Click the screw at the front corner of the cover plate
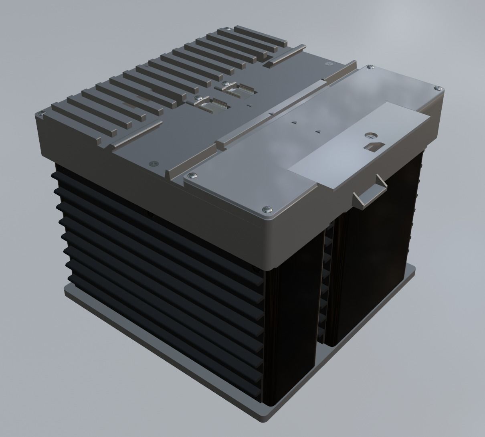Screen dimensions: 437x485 pos(268,208)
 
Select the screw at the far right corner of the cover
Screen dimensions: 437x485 pos(437,87)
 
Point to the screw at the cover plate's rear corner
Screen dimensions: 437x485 pos(370,67)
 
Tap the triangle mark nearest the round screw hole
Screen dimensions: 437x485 pos(318,131)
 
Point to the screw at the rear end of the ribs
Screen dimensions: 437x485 pos(227,29)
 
